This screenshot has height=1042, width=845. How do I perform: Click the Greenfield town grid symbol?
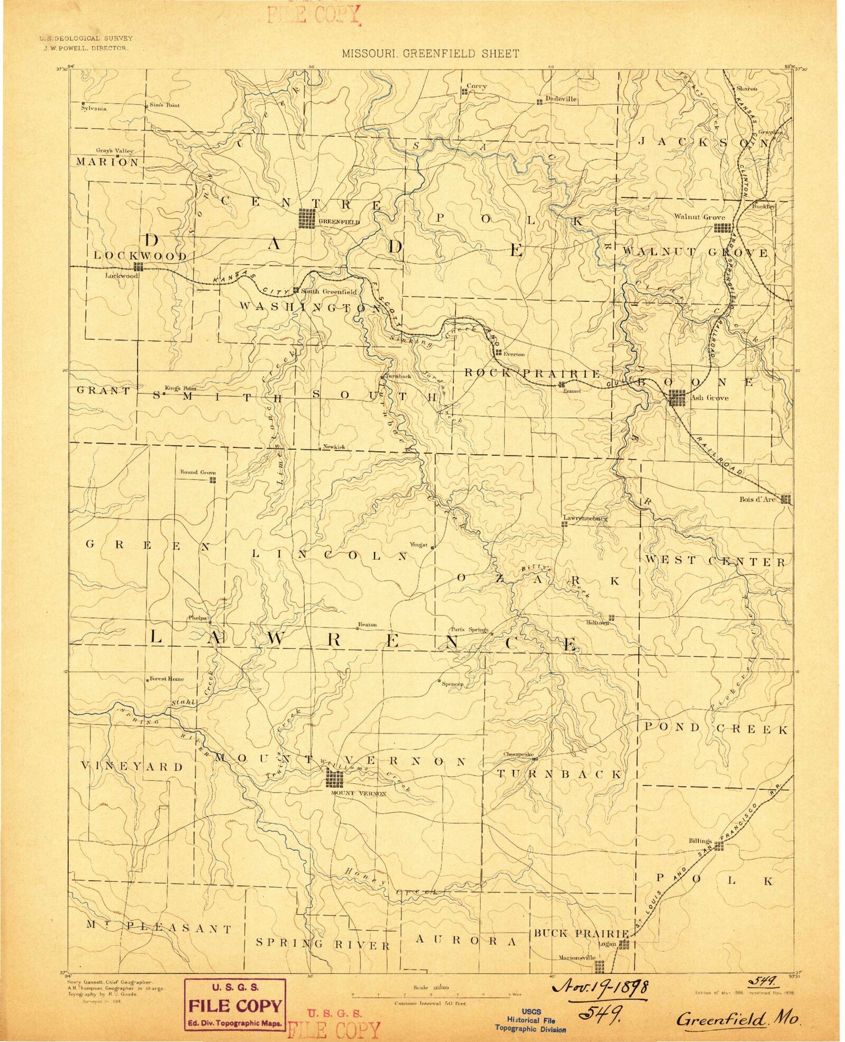(308, 218)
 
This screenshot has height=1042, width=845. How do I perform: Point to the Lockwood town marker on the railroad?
(138, 267)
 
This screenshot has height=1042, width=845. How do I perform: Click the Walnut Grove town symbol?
(722, 228)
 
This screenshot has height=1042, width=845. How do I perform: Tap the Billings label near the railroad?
(700, 840)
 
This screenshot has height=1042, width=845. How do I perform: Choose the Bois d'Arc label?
(757, 499)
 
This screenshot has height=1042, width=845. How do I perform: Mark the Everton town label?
(514, 354)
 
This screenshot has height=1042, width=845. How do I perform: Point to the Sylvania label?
(94, 109)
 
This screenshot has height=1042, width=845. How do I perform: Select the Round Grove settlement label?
(198, 472)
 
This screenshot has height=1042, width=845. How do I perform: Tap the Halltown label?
(597, 623)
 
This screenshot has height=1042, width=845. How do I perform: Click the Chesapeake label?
(518, 754)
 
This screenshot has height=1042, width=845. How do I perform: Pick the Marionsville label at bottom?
(576, 958)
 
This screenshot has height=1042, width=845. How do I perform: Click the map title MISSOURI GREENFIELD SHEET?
(430, 53)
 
